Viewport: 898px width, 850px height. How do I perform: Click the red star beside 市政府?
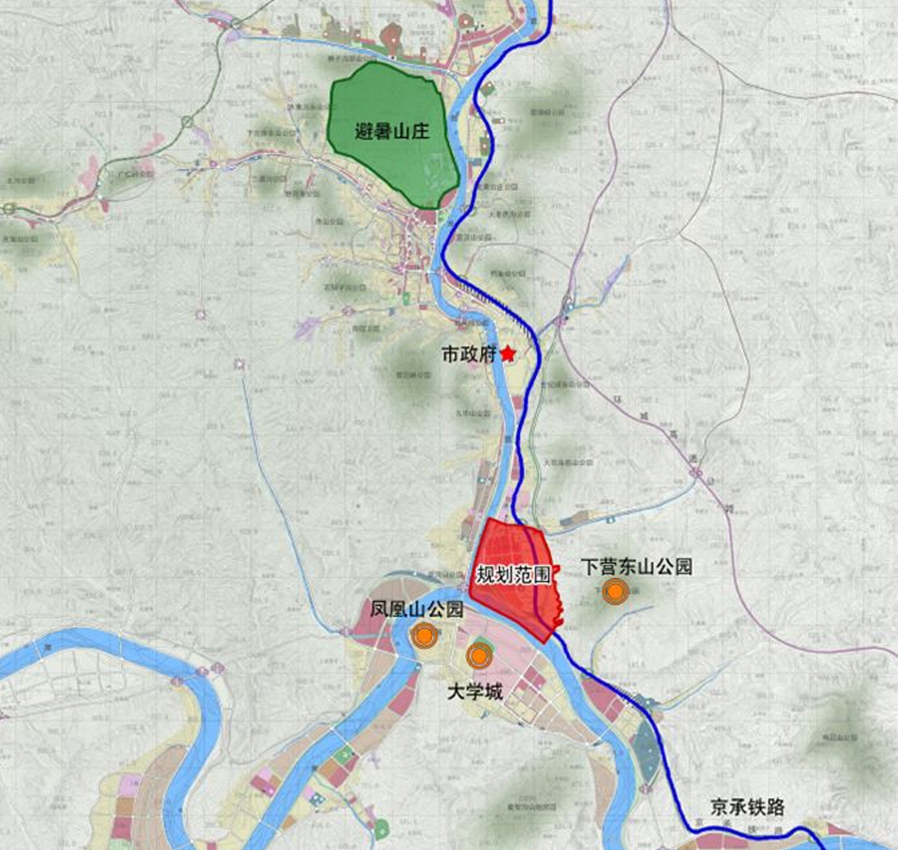click(509, 353)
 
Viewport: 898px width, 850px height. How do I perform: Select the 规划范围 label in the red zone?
click(513, 574)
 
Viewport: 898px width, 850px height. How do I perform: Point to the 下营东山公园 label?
click(636, 567)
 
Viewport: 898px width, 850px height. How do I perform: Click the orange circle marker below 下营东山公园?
click(616, 592)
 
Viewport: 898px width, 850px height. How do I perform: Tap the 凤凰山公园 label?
click(416, 609)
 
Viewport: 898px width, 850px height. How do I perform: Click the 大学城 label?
click(475, 693)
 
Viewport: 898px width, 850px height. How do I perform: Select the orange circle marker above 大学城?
click(479, 655)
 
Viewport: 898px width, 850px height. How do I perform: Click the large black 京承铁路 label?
click(748, 807)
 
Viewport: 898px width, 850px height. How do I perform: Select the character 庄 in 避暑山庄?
click(420, 131)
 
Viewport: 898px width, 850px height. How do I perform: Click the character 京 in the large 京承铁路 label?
click(720, 807)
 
